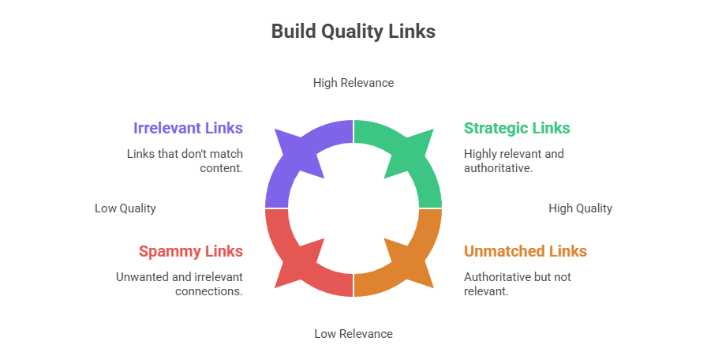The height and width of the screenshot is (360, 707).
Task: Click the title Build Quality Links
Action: click(353, 32)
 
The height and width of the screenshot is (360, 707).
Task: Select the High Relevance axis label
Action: click(353, 82)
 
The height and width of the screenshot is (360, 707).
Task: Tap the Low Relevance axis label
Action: click(353, 333)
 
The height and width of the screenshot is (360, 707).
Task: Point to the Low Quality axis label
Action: click(125, 208)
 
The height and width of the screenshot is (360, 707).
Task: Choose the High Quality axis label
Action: click(580, 208)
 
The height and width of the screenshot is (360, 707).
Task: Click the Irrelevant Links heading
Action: click(188, 128)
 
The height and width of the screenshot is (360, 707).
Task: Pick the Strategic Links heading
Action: click(517, 128)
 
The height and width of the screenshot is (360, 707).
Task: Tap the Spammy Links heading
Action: click(190, 252)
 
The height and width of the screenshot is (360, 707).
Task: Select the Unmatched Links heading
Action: click(525, 252)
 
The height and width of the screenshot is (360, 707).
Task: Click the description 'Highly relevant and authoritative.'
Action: click(514, 160)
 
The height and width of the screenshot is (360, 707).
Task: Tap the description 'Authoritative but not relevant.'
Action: click(517, 283)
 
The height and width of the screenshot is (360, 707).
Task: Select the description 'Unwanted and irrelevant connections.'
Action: click(179, 283)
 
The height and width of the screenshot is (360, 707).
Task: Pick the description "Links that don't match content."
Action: click(185, 160)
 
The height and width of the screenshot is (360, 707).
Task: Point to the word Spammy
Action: click(168, 252)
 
